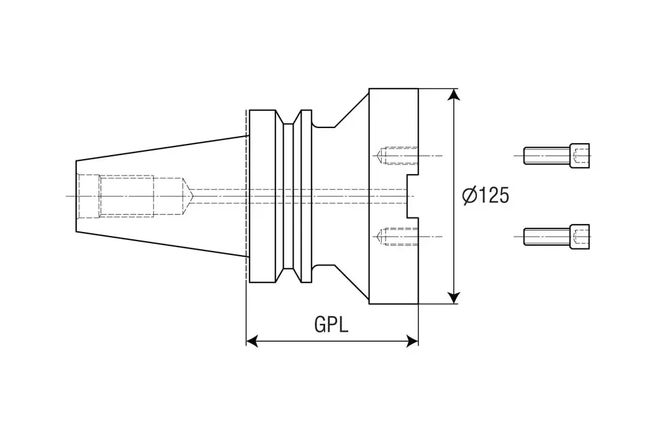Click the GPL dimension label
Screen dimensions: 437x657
tap(331, 325)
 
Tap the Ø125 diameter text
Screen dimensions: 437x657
tap(486, 196)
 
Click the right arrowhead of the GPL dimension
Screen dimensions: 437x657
tap(412, 340)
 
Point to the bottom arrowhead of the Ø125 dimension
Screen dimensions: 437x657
tap(453, 298)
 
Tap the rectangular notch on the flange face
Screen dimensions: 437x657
tap(413, 196)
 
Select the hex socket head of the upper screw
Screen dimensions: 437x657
tap(580, 156)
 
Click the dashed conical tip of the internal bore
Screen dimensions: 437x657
tap(187, 196)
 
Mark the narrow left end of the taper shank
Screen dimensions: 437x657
tap(78, 196)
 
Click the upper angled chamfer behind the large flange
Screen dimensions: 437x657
tap(351, 108)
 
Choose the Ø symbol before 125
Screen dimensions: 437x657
tap(469, 196)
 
